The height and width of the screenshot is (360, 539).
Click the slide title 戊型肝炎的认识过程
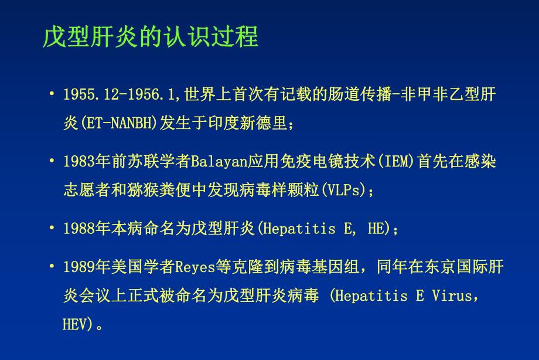(150, 37)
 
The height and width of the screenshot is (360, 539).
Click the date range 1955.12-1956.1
(122, 94)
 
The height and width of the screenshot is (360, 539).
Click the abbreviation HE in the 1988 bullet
(375, 229)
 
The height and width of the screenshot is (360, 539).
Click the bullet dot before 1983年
(52, 161)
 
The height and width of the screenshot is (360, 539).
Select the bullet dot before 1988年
(52, 228)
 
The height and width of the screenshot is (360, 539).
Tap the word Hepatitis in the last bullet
(368, 296)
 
